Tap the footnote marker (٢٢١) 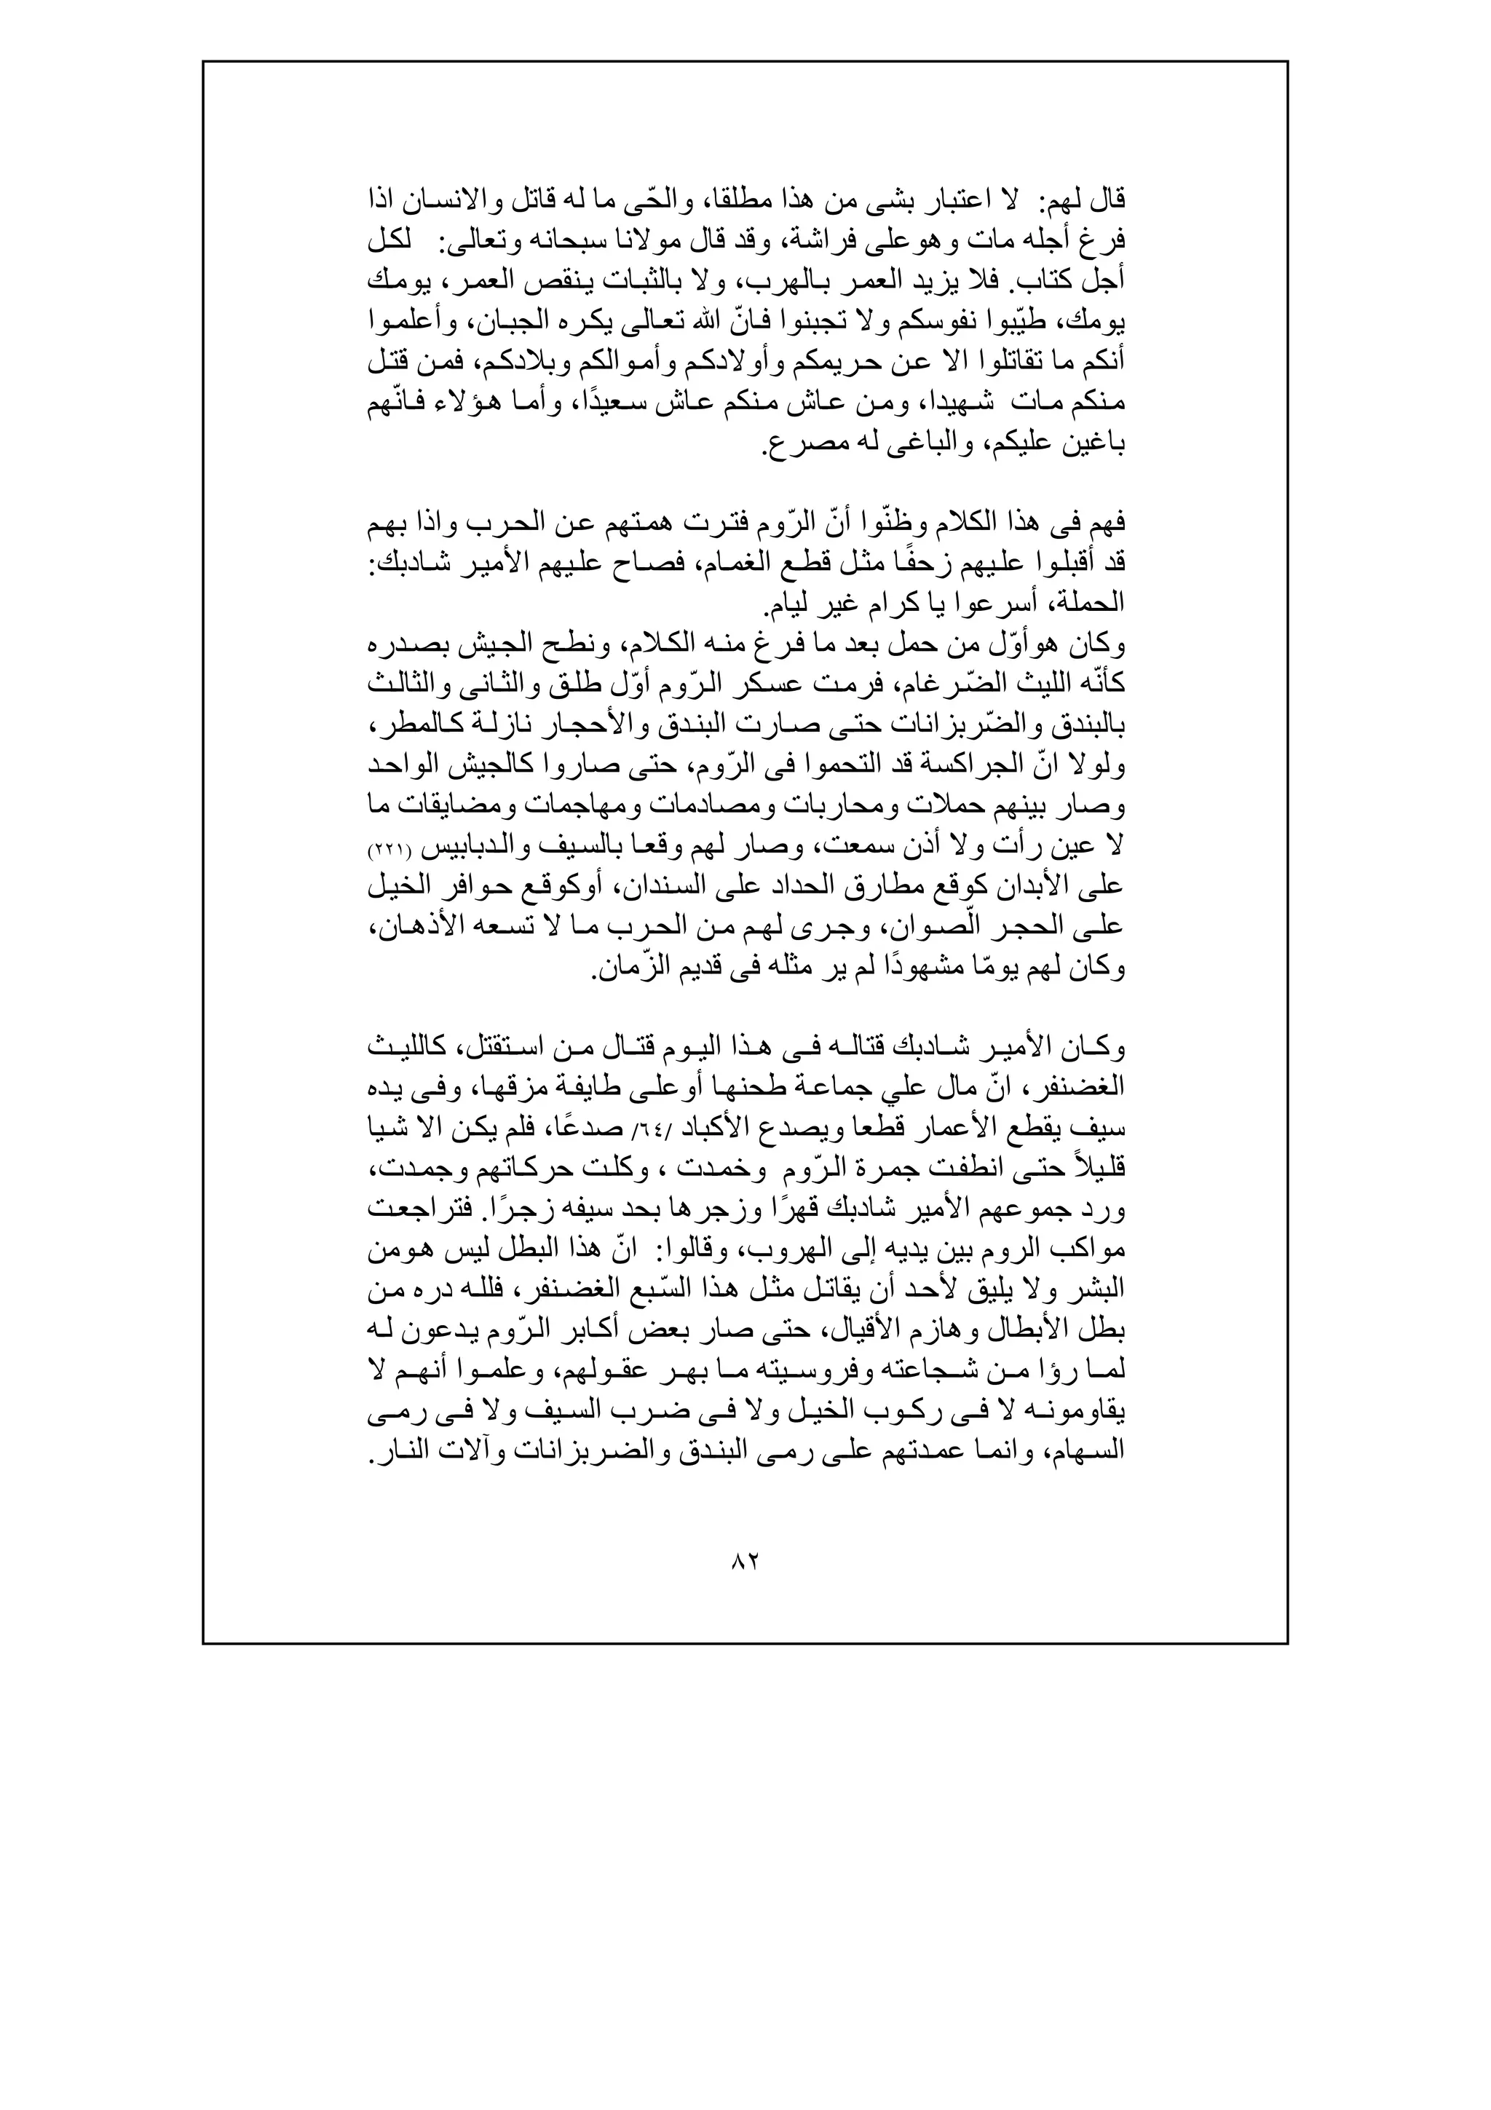pyautogui.click(x=388, y=852)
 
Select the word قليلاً pyautogui.click(x=1099, y=1171)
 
